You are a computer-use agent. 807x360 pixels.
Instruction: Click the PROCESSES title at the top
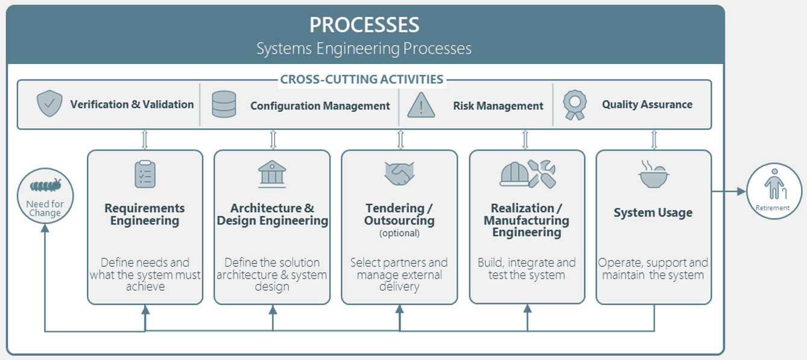(x=364, y=25)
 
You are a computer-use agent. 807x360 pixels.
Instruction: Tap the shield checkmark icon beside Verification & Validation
(x=49, y=104)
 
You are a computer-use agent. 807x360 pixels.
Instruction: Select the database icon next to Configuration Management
(x=224, y=104)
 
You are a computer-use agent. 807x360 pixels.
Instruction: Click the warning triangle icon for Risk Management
(x=421, y=105)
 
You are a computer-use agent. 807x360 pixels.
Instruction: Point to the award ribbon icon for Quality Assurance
(x=575, y=105)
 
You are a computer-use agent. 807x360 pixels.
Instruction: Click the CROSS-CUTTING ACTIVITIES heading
(x=362, y=79)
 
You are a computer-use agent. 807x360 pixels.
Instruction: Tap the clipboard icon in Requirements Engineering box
(x=145, y=174)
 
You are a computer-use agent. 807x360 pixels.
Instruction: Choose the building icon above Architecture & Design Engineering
(x=272, y=174)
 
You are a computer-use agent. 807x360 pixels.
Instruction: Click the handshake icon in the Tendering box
(x=399, y=174)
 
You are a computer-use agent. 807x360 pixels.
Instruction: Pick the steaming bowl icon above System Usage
(x=654, y=174)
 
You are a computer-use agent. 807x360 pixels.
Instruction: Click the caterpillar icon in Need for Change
(x=45, y=185)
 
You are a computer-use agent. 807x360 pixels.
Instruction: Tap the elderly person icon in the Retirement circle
(x=774, y=184)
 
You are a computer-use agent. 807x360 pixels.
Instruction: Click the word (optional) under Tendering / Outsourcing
(x=399, y=233)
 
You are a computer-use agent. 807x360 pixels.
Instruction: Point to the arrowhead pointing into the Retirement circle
(x=741, y=192)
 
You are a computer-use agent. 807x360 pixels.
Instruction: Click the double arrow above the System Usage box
(x=654, y=139)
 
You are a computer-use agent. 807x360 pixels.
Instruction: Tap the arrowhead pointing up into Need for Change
(x=45, y=229)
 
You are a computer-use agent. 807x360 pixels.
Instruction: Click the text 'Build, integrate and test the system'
(x=527, y=268)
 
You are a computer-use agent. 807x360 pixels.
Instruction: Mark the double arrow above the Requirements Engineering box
(x=145, y=139)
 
